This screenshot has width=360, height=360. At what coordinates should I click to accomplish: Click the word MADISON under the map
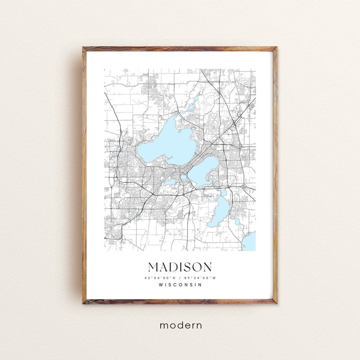[x=180, y=267]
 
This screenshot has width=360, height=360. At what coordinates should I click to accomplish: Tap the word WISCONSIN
[x=180, y=285]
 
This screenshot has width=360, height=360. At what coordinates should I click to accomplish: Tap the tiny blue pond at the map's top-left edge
[x=126, y=70]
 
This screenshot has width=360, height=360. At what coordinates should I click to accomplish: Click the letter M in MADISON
[x=153, y=267]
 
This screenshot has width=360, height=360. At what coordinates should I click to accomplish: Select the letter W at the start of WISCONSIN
[x=161, y=285]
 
